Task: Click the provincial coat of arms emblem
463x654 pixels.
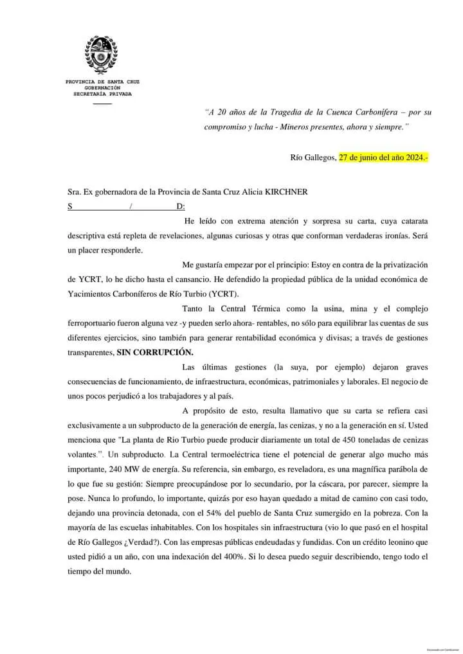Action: click(x=102, y=57)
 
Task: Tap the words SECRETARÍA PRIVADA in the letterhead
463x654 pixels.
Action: click(x=102, y=94)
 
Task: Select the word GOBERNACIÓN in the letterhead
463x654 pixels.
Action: click(x=102, y=88)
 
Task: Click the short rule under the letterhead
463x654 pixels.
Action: click(x=102, y=103)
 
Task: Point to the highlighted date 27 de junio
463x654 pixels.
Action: click(x=368, y=157)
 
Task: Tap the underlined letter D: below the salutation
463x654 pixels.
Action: click(x=181, y=206)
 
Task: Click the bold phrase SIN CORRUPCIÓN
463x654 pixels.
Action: click(x=154, y=353)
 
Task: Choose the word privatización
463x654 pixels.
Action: click(x=401, y=265)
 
